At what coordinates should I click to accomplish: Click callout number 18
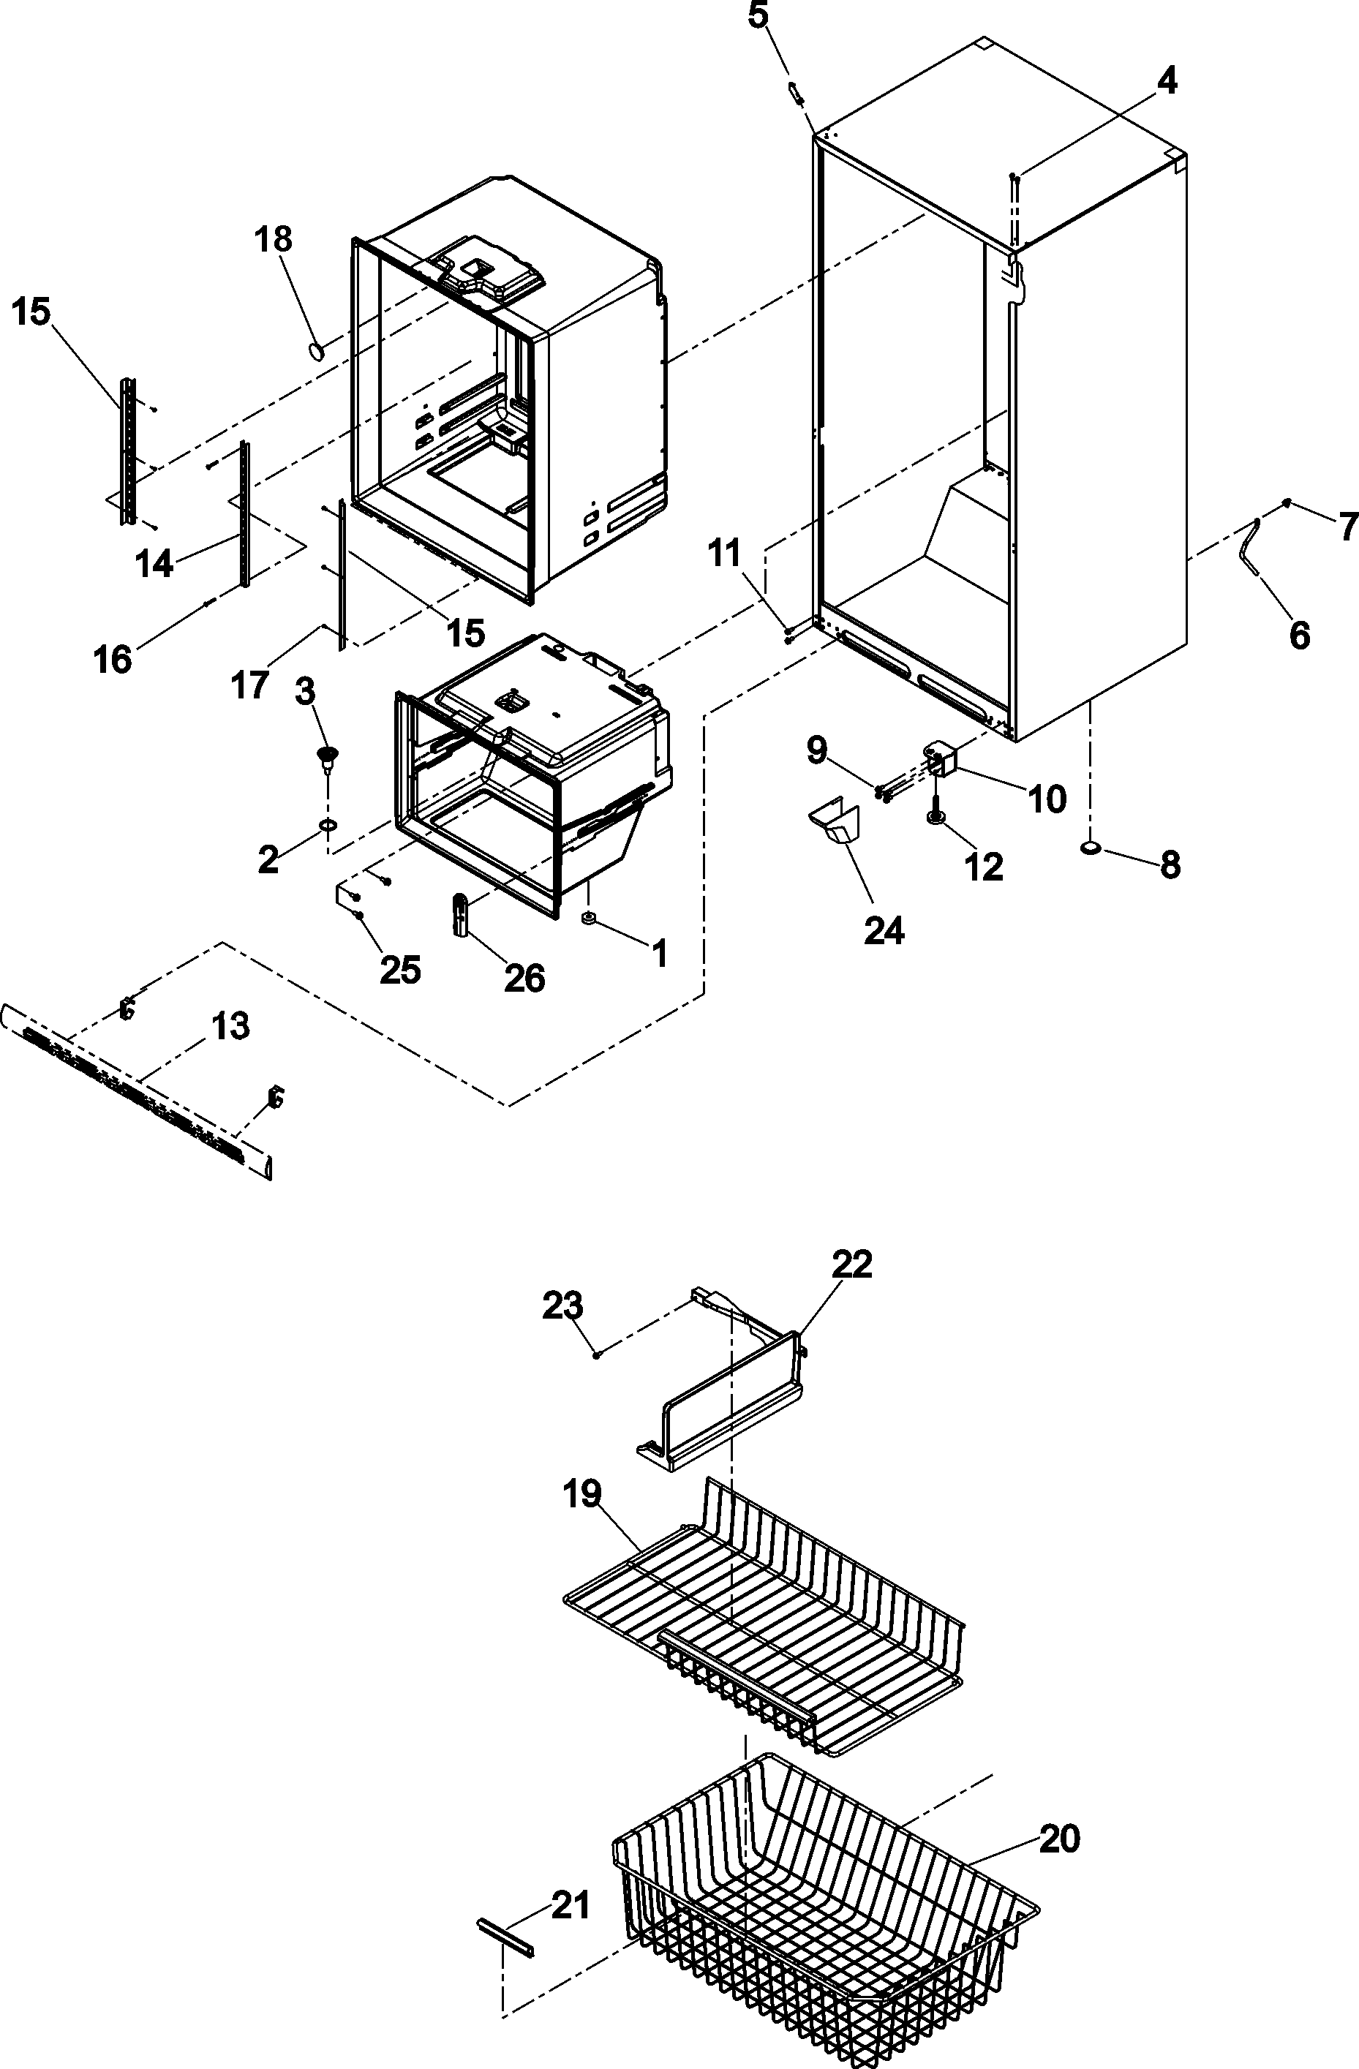274,239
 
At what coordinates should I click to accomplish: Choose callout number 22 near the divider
851,1264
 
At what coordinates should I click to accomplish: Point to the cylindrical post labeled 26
461,914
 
